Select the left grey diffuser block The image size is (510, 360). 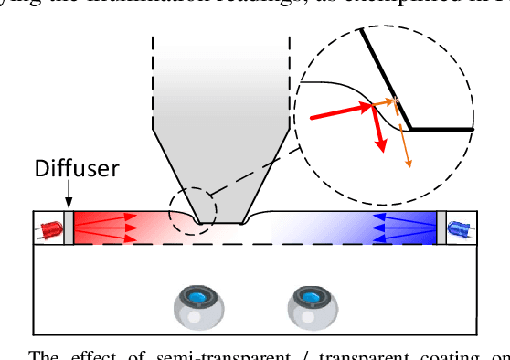[x=68, y=228]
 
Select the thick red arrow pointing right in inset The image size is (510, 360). [x=340, y=111]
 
